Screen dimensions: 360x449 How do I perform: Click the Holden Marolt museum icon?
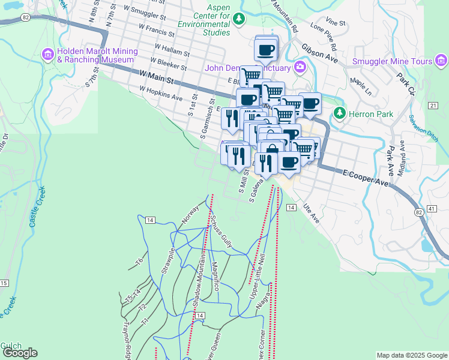click(x=48, y=55)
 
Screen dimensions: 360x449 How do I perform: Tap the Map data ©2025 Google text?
click(x=412, y=355)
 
